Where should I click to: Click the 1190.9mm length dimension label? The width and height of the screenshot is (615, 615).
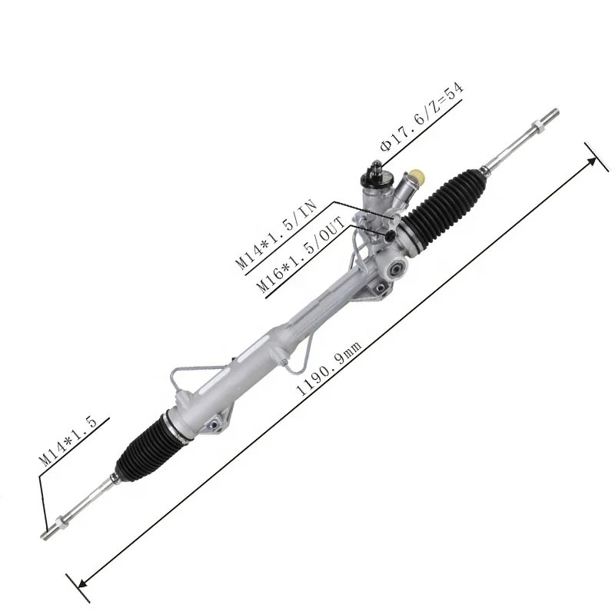(x=329, y=369)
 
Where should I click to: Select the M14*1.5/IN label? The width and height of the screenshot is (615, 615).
(x=276, y=234)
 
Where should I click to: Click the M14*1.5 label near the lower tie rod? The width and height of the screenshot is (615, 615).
(x=68, y=440)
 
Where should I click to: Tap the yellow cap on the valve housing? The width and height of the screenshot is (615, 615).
(x=417, y=177)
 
